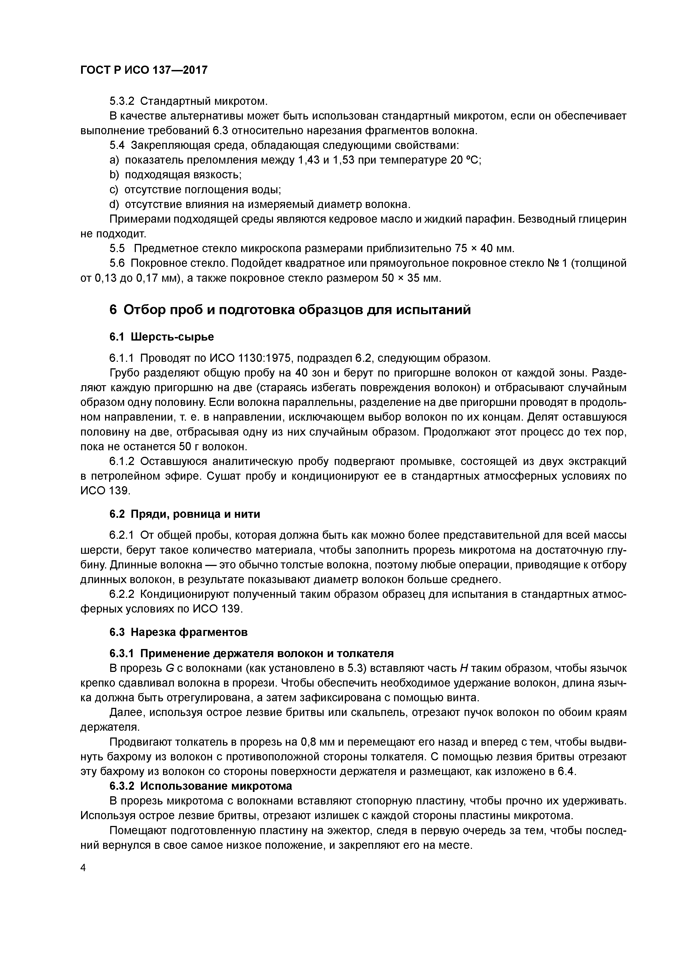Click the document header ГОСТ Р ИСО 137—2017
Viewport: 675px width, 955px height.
click(x=143, y=70)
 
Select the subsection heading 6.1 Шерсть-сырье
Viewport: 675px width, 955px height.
click(x=161, y=336)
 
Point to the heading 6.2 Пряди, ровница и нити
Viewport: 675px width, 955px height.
click(x=185, y=514)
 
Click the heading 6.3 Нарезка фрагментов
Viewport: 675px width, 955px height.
click(x=179, y=632)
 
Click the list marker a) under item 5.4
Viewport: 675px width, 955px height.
click(x=114, y=160)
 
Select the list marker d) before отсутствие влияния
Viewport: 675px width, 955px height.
click(x=114, y=204)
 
